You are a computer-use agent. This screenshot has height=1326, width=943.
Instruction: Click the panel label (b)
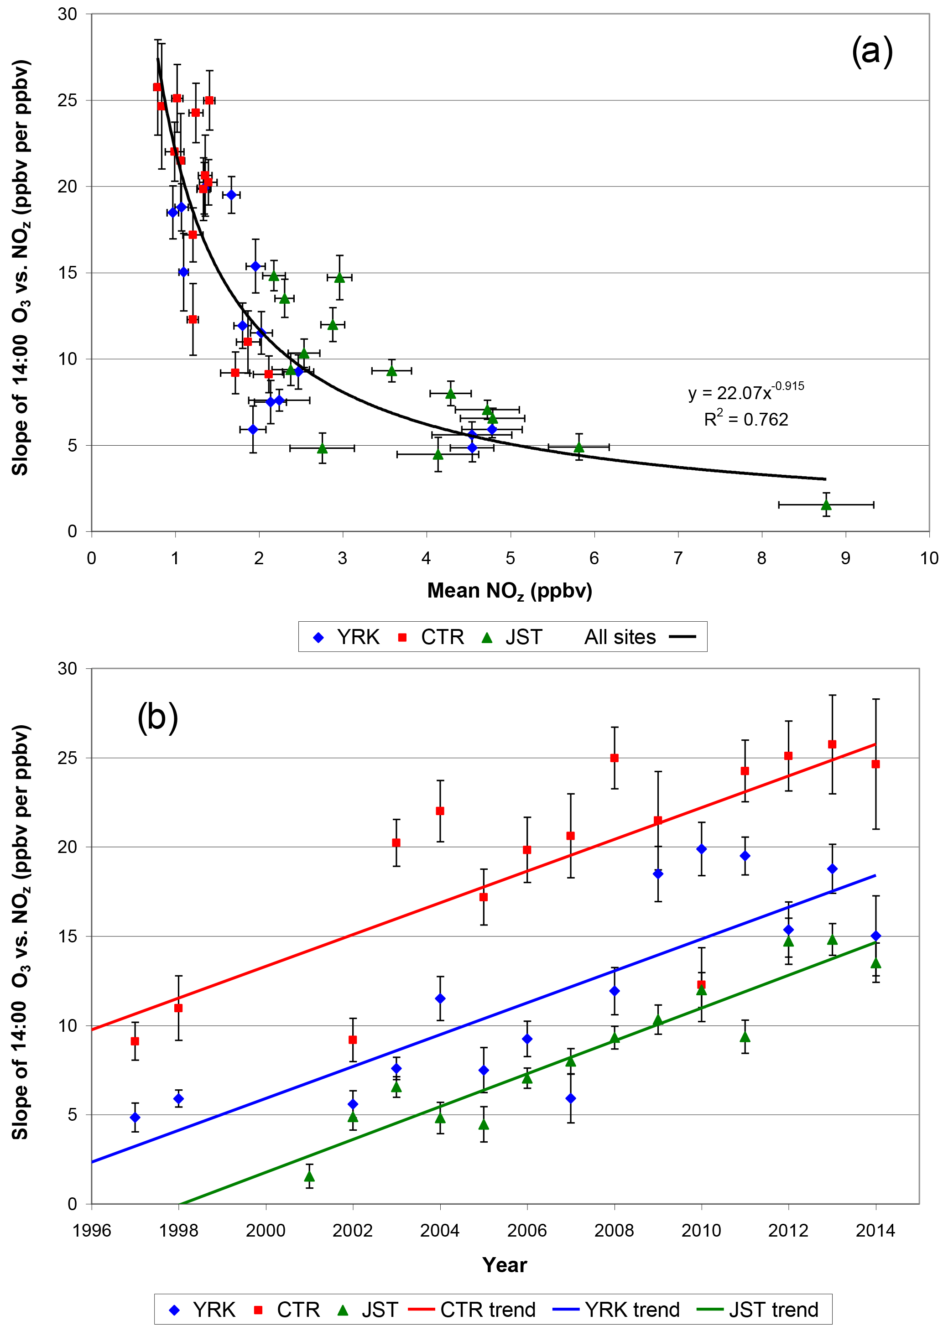(x=157, y=718)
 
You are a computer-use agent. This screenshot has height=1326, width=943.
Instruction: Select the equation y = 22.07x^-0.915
(x=745, y=392)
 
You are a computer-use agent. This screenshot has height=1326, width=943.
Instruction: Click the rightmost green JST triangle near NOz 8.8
(x=826, y=504)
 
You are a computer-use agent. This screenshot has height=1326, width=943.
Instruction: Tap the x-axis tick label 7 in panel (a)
(x=677, y=558)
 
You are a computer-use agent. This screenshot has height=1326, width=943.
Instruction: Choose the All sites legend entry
(x=639, y=637)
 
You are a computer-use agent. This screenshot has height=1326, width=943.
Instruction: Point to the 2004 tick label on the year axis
(x=439, y=1230)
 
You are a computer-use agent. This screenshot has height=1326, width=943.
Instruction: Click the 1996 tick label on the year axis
(x=92, y=1230)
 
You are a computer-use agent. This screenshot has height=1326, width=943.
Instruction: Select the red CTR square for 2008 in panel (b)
(x=615, y=758)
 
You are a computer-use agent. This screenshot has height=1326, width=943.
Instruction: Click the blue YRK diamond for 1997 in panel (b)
(x=135, y=1118)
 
